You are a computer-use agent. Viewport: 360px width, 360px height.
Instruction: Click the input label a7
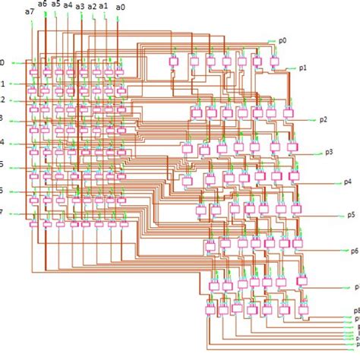click(x=29, y=12)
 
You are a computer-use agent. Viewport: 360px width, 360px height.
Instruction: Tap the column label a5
click(x=55, y=5)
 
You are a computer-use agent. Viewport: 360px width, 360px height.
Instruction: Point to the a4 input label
click(x=68, y=5)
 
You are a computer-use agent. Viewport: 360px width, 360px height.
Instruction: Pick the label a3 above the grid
click(x=81, y=6)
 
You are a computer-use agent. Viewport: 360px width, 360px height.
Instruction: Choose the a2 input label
click(x=92, y=5)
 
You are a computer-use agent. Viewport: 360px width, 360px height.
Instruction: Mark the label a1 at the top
click(x=104, y=5)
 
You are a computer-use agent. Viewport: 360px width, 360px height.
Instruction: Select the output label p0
click(x=283, y=40)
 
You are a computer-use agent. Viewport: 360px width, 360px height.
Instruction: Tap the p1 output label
click(x=303, y=68)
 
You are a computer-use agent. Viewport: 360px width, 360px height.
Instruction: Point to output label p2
click(x=324, y=119)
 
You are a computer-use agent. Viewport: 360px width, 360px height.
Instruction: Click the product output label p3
click(x=329, y=152)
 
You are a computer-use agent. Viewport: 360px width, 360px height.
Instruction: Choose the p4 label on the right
click(x=348, y=182)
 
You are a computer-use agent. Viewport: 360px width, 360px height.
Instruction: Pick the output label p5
click(x=354, y=215)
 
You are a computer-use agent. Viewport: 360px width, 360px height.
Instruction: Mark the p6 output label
click(x=354, y=251)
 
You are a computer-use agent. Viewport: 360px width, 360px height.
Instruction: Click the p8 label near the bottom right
click(x=355, y=310)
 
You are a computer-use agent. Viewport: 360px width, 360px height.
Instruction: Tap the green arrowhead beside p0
click(x=271, y=40)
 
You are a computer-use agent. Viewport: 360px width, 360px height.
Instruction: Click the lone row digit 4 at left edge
click(x=2, y=142)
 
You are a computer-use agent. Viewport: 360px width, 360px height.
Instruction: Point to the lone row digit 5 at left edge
click(x=2, y=164)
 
